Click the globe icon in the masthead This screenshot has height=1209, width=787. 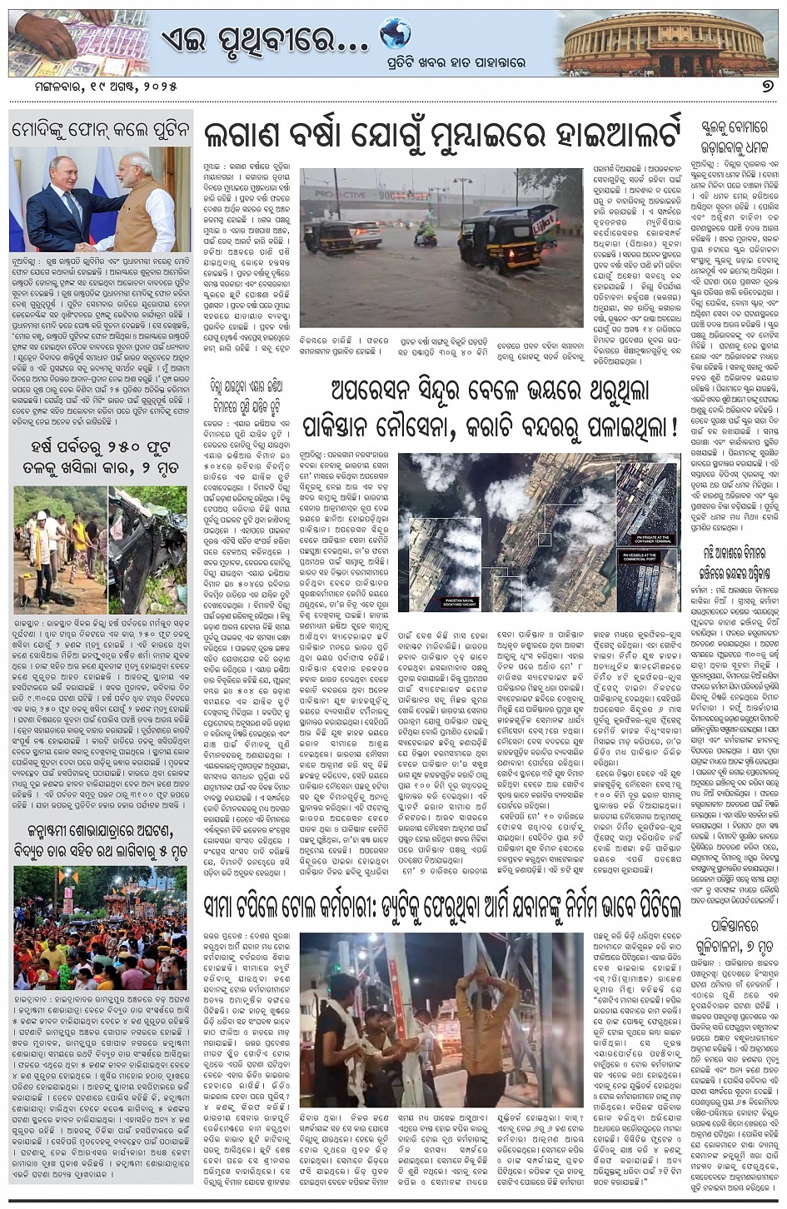point(395,34)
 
